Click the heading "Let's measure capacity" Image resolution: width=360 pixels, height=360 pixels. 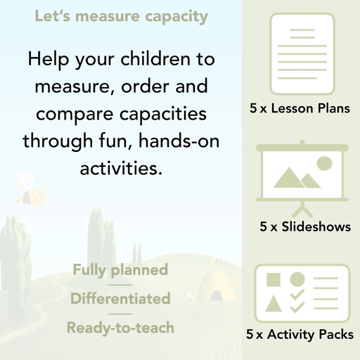[x=122, y=15]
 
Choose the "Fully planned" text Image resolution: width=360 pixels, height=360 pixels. [x=120, y=270]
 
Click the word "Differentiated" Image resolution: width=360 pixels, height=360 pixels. [x=120, y=299]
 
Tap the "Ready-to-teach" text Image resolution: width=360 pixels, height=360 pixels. [x=120, y=328]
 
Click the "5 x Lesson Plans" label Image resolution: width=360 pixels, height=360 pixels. [x=300, y=110]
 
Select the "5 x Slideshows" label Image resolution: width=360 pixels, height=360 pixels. [x=305, y=227]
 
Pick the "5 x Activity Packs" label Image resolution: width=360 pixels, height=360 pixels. [x=300, y=335]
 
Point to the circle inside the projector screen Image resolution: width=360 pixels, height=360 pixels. [x=324, y=164]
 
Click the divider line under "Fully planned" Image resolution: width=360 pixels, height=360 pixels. [x=120, y=285]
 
